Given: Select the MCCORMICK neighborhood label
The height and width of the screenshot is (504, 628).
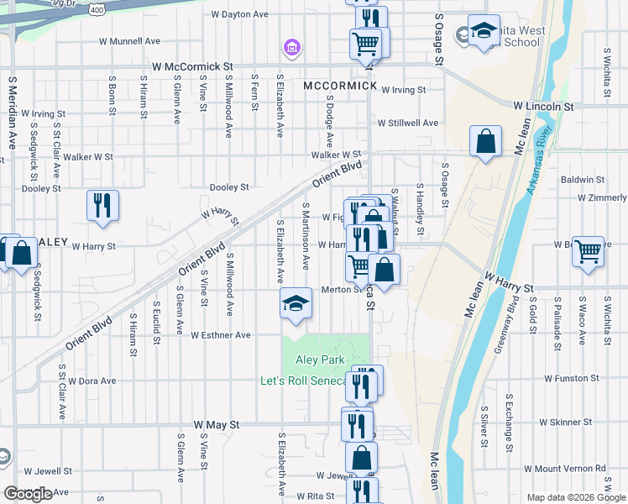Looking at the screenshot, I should [x=339, y=87].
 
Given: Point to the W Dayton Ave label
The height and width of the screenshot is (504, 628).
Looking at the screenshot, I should [x=239, y=14].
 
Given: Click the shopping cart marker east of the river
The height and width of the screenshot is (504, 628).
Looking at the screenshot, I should [x=588, y=249].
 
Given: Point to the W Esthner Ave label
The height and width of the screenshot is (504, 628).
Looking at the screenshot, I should [x=221, y=335].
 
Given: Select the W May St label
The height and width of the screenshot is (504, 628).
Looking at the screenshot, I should [x=217, y=425].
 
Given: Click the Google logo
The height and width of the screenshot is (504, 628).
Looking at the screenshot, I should [x=29, y=494].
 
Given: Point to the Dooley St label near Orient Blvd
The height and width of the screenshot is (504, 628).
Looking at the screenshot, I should [x=229, y=187].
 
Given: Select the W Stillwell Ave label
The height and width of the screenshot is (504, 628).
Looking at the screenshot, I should [x=407, y=123].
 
